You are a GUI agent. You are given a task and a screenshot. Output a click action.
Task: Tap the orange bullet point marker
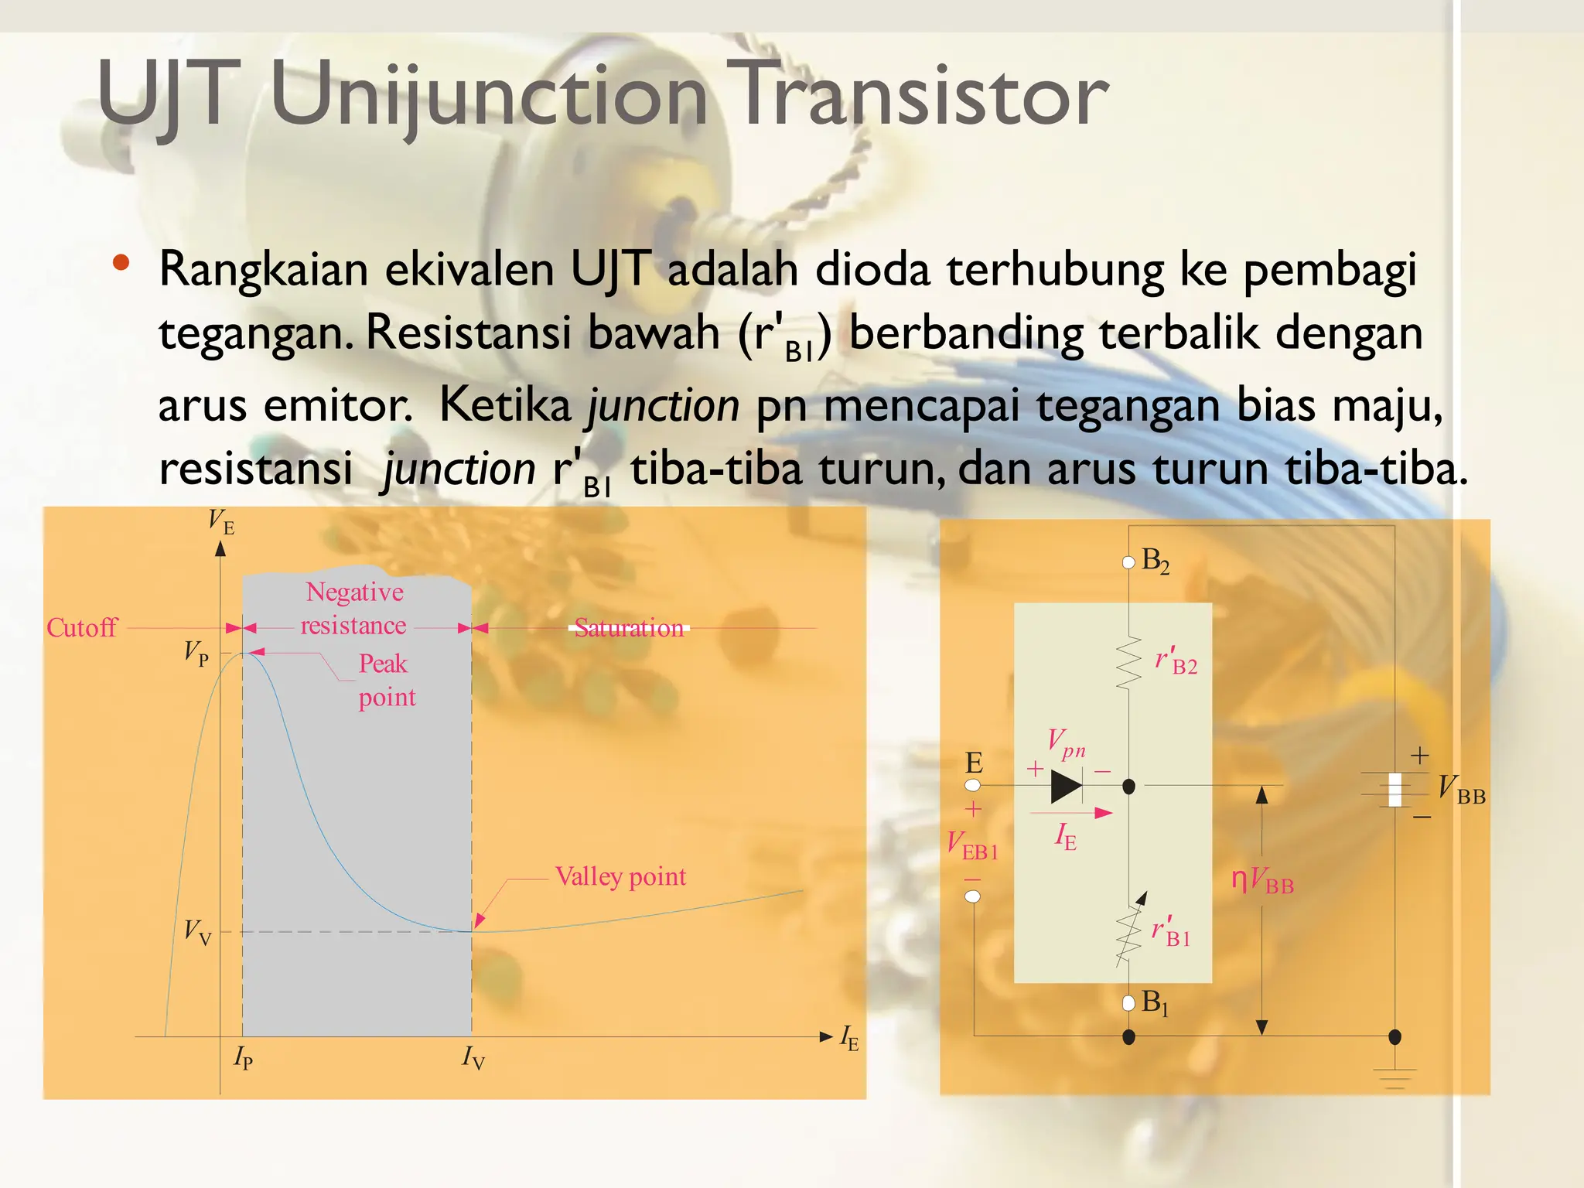point(121,262)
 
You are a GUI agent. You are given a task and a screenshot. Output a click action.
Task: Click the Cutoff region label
point(82,627)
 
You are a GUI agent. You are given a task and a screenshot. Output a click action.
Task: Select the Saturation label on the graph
point(630,628)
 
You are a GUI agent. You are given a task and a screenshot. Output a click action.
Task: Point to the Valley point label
point(620,876)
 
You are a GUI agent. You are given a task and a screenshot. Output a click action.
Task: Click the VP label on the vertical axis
point(196,654)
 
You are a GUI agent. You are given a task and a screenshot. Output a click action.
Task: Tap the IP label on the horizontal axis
point(243,1057)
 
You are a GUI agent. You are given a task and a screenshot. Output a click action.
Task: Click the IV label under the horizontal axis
point(473,1057)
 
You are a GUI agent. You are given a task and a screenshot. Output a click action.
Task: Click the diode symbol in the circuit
point(1067,787)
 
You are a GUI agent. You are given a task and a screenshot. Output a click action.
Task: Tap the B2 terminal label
point(1155,560)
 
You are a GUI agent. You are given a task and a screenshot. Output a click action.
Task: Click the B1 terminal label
point(1154,1002)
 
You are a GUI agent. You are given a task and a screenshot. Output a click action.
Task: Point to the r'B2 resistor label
point(1176,661)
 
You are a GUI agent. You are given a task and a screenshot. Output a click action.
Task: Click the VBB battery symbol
point(1395,789)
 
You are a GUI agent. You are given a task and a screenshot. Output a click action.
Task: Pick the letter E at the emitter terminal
point(974,763)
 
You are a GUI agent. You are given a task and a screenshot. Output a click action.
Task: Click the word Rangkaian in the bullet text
point(263,270)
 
